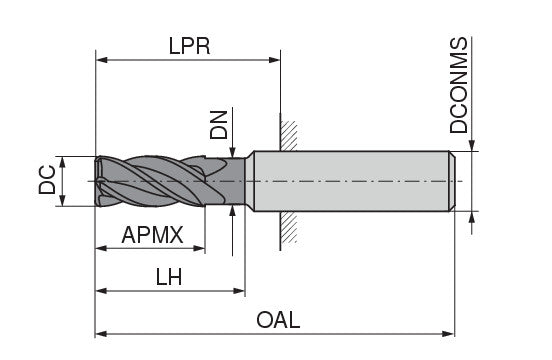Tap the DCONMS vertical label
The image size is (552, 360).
(459, 87)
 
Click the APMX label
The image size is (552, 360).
(152, 235)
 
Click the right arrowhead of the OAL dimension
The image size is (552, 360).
(452, 333)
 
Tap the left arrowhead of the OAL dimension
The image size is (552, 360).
(102, 333)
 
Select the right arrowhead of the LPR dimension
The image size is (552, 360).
(274, 59)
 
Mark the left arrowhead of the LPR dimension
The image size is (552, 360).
(102, 59)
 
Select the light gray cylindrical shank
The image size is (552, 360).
(350, 181)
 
